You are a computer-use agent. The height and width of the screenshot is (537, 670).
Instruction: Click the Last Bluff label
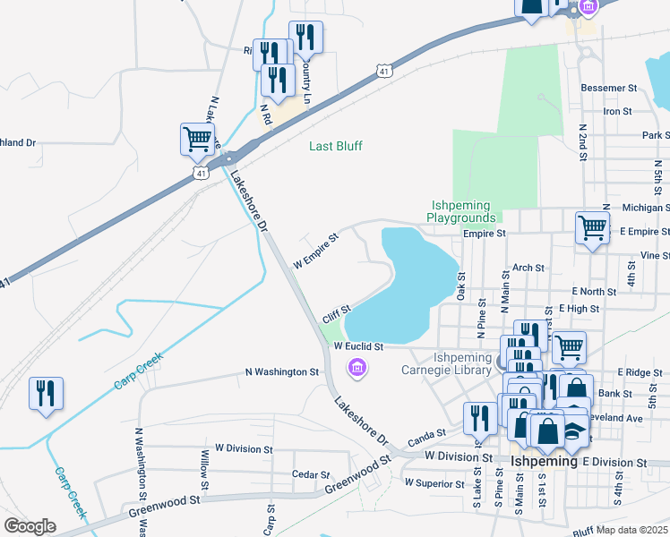point(336,146)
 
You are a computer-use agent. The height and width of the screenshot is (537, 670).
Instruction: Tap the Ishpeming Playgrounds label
point(461,211)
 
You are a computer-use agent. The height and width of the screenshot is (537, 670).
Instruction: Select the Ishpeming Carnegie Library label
point(462,364)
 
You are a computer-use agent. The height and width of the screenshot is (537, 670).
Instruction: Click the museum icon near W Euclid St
point(357,367)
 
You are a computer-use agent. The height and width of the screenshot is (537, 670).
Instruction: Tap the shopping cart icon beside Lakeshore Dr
point(197,139)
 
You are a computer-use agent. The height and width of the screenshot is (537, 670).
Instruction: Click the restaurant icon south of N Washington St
point(45,393)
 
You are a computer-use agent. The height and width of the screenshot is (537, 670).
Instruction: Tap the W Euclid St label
point(358,346)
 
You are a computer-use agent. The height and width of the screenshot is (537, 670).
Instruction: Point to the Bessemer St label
point(607,89)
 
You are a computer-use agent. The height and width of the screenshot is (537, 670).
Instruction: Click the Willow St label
point(205,470)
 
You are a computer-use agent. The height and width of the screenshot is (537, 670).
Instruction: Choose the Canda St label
point(427,435)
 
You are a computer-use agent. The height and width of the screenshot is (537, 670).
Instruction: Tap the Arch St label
point(528,268)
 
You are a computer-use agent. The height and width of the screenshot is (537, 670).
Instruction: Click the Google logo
point(30,526)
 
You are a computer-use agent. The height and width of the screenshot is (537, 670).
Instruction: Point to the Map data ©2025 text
point(631,530)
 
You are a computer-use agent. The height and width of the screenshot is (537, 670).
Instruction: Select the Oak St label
point(462,288)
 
